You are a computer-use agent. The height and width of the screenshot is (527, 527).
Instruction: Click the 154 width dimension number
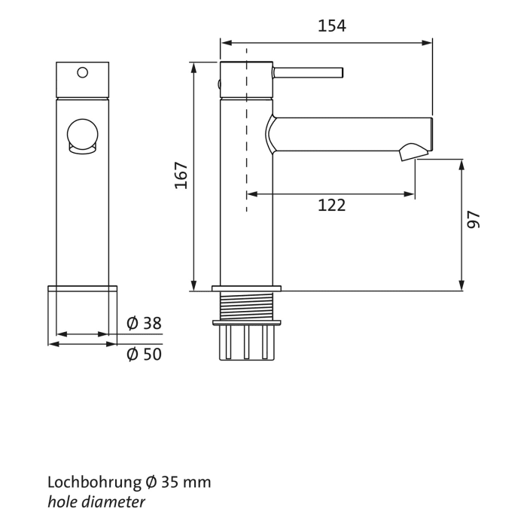pos(331,26)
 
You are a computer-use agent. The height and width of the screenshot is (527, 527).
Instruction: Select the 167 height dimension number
pos(181,175)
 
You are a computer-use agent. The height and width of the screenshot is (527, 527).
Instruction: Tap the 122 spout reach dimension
pos(331,205)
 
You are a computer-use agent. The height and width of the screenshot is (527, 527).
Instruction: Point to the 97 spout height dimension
pos(474,219)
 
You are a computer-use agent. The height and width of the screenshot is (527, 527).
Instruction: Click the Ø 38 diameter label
pos(144,324)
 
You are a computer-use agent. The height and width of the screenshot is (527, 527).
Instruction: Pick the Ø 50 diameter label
pos(144,354)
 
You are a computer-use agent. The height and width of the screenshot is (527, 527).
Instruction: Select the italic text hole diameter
pos(96,501)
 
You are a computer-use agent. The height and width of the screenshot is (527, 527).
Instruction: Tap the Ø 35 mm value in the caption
pos(179,482)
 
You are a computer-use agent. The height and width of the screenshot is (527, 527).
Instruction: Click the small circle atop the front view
pos(83,73)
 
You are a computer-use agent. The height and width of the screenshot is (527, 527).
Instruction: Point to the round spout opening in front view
pos(83,136)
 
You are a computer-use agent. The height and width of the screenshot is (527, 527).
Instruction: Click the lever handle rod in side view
pos(309,73)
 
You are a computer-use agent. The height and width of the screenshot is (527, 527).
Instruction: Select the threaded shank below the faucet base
pos(246,306)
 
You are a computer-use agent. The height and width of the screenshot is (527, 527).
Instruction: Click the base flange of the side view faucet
pos(246,288)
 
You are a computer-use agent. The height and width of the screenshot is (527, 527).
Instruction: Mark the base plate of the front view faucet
pos(83,288)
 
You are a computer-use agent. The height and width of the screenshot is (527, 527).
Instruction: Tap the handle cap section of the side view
pos(246,79)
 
